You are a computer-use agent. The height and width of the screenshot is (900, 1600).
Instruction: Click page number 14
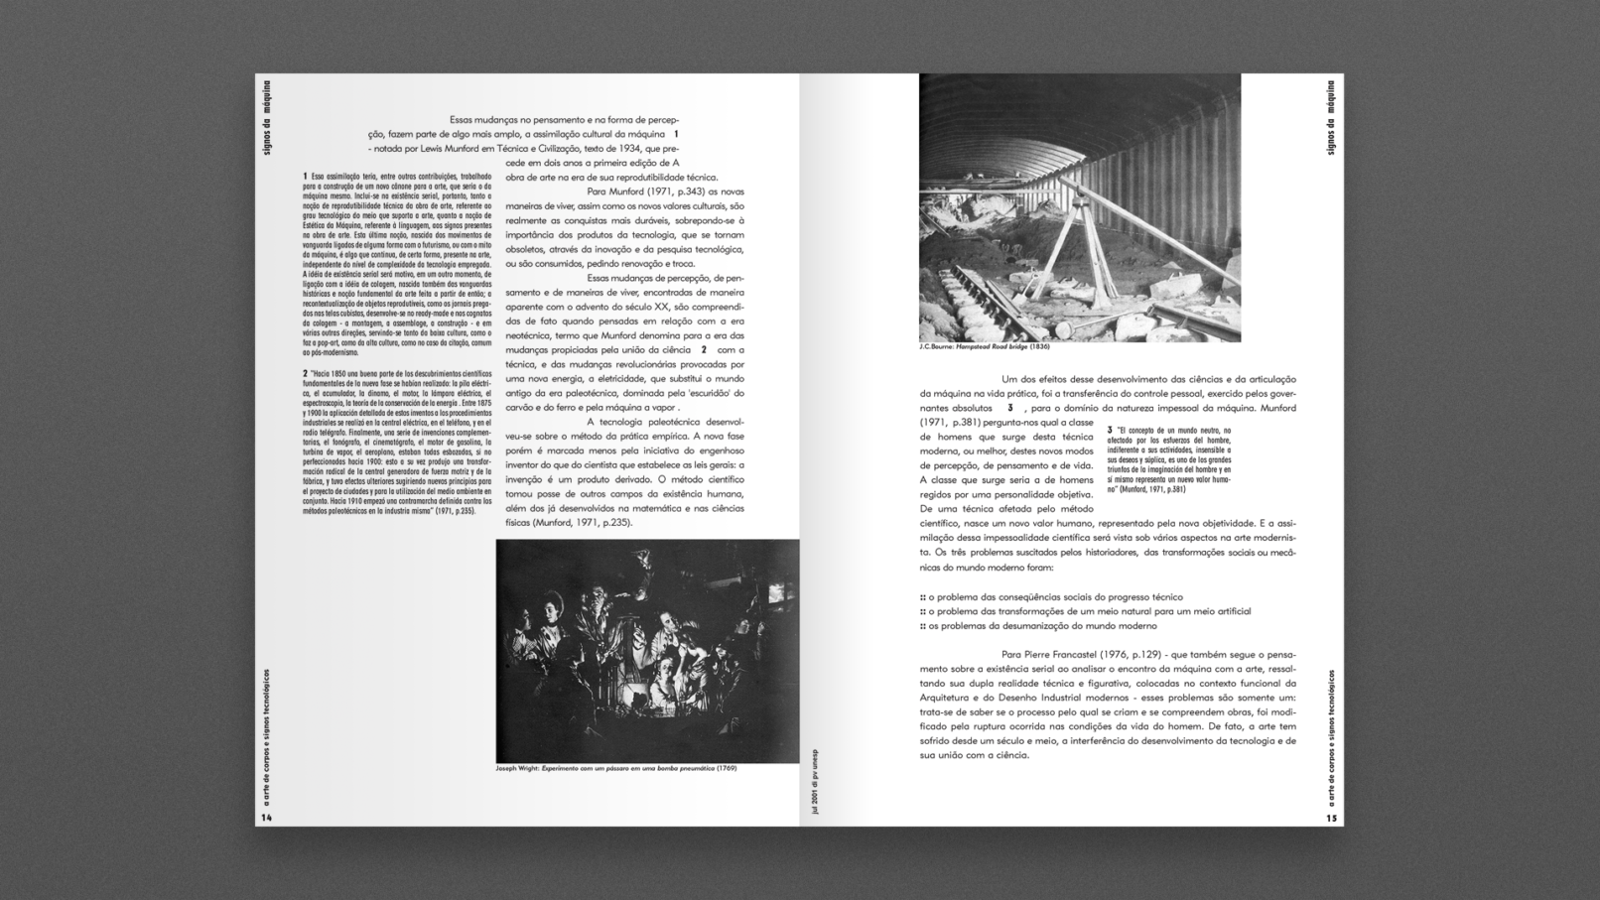[x=266, y=818]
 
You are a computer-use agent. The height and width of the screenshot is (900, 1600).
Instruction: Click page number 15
[x=1331, y=819]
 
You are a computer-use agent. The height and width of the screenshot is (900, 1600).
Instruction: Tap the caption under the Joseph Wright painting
[x=615, y=768]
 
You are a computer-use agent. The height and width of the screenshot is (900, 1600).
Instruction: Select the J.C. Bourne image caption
[x=984, y=346]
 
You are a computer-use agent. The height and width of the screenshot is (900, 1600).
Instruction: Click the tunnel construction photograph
[x=1079, y=207]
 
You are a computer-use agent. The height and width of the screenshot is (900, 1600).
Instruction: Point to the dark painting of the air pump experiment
[x=647, y=651]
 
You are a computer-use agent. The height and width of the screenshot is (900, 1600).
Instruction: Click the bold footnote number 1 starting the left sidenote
[x=306, y=177]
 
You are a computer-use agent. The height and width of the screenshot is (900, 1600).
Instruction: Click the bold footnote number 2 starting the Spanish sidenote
[x=306, y=374]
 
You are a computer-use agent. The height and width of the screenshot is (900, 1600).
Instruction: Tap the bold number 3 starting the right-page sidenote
[x=1111, y=431]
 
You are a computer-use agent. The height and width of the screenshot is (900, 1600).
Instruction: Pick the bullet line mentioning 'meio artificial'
[x=1085, y=611]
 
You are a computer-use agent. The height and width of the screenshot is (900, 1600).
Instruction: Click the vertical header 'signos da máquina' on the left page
[x=266, y=117]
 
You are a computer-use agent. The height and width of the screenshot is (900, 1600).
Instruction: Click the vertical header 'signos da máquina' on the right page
[x=1331, y=117]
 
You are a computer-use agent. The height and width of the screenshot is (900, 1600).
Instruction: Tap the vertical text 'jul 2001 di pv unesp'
[x=815, y=781]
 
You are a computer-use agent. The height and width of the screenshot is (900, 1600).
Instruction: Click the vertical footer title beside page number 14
[x=266, y=736]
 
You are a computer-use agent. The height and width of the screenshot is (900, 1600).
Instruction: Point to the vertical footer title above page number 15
[x=1331, y=736]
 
